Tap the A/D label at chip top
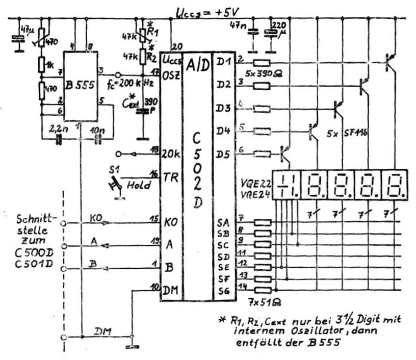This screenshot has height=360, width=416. pyautogui.click(x=196, y=64)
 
